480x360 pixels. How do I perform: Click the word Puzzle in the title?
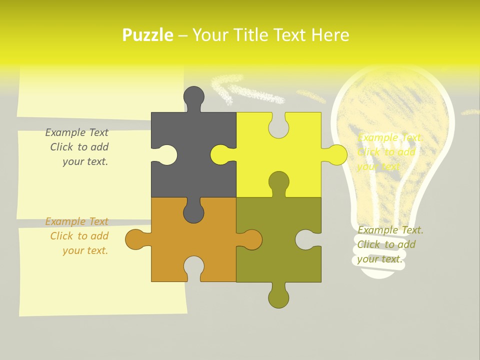[x=148, y=35]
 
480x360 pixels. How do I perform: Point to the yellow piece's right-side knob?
[x=336, y=154]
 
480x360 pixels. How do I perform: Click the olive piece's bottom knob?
[x=278, y=297]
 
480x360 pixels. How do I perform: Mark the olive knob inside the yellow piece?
[x=278, y=182]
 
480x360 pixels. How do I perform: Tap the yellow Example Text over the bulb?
[x=390, y=152]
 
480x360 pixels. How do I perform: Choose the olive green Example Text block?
[x=390, y=244]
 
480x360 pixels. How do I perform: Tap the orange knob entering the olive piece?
[x=251, y=239]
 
